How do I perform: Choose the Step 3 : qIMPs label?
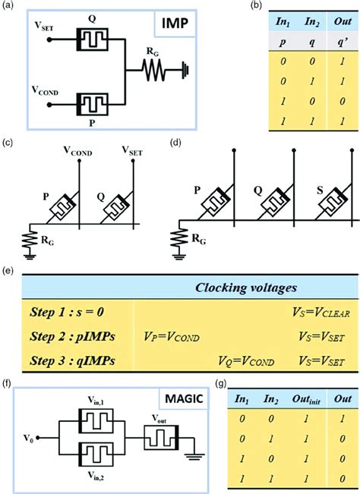coord(70,360)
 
